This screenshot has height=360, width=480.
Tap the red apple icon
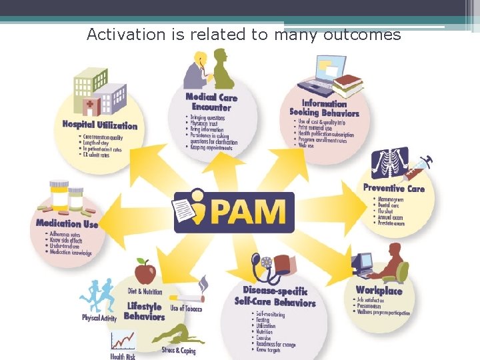tap(145, 271)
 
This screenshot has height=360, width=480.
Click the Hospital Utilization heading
tap(99, 125)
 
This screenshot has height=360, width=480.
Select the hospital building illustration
tap(99, 93)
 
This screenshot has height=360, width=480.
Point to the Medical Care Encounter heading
tap(211, 102)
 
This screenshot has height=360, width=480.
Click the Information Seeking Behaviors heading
tap(325, 108)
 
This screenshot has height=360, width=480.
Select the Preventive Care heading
tap(393, 188)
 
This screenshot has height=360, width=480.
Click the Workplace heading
tap(379, 290)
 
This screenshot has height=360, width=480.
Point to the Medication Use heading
tap(67, 224)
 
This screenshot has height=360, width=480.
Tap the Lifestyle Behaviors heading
tap(144, 311)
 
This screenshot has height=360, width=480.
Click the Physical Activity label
tap(99, 318)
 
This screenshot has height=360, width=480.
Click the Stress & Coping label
tap(178, 351)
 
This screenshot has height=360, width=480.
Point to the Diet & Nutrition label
tap(145, 291)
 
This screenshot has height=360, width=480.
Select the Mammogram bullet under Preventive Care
tap(391, 199)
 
